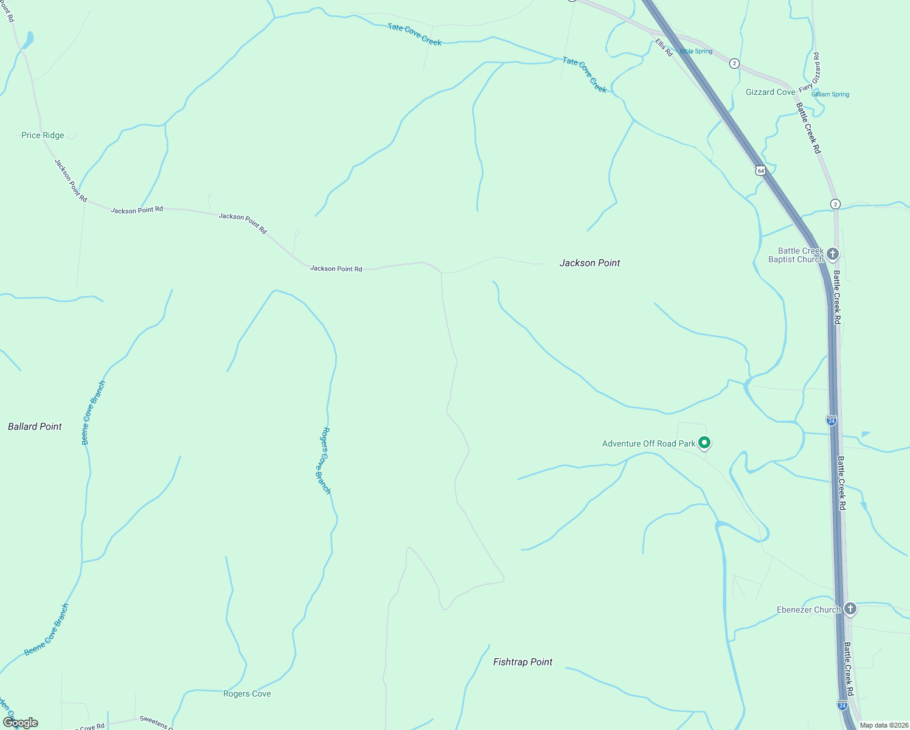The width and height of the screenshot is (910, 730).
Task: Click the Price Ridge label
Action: (43, 135)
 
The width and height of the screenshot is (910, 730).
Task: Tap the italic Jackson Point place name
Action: (589, 263)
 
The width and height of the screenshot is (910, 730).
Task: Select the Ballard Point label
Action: (35, 426)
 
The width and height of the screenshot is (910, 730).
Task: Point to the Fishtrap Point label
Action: (523, 662)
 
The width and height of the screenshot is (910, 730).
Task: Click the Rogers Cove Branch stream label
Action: (325, 461)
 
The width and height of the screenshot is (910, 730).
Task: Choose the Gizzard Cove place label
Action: (770, 92)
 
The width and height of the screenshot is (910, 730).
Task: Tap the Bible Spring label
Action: (696, 51)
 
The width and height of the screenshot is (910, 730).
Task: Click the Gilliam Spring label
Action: (830, 94)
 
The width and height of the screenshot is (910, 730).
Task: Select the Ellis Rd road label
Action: (664, 47)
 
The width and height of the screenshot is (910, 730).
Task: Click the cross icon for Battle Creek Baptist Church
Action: (833, 254)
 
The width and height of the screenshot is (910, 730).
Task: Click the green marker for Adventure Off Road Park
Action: (704, 442)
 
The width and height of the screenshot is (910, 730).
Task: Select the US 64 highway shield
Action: (760, 170)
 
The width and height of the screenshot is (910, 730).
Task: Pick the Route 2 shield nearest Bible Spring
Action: (734, 63)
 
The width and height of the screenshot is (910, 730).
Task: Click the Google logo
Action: (21, 723)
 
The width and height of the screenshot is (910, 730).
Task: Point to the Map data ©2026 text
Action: (884, 725)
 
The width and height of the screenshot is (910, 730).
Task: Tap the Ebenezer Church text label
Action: (808, 610)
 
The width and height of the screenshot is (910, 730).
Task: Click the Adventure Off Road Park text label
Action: (648, 443)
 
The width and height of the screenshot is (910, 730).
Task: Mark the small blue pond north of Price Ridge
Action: (27, 41)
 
